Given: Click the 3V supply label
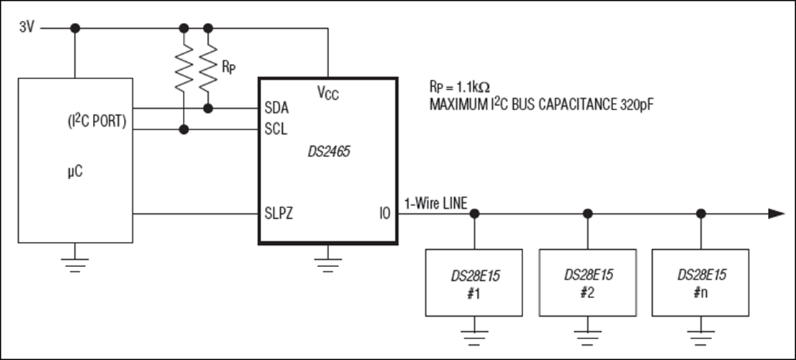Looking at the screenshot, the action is (x=27, y=27).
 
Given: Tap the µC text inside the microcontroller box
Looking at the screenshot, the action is (x=75, y=172).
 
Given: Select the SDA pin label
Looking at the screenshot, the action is (x=276, y=108).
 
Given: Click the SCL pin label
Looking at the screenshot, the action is (x=276, y=130).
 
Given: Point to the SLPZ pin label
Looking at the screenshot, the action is (x=279, y=214).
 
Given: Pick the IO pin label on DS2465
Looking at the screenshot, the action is (x=384, y=214).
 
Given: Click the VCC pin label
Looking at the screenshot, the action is (x=328, y=93).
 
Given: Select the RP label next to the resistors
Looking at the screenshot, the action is (x=228, y=68).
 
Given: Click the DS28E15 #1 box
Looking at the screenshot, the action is (x=474, y=282).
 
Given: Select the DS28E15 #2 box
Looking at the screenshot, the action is (x=588, y=282).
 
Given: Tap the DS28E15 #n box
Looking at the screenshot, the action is (x=700, y=282).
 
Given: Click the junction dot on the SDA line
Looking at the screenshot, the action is (x=207, y=108).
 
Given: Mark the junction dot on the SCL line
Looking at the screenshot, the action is (x=184, y=130).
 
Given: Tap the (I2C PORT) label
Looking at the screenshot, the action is (x=97, y=122).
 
